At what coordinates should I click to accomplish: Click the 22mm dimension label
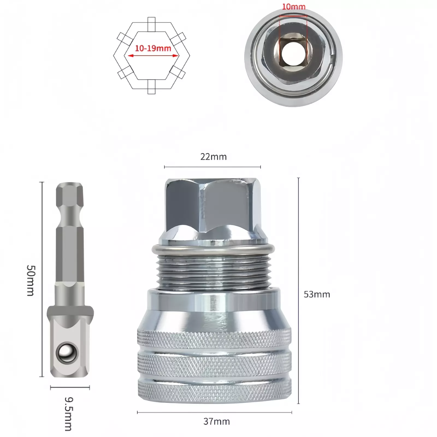point(213,157)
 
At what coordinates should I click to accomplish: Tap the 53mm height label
point(317,294)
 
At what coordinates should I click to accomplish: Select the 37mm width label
point(217,421)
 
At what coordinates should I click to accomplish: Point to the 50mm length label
point(30,280)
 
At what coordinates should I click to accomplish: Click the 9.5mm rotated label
point(68,414)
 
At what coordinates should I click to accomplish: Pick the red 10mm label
point(294,7)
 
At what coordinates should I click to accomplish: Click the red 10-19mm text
point(153,48)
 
